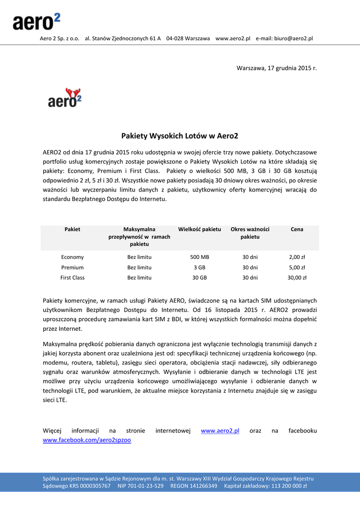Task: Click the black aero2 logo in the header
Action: tap(36, 22)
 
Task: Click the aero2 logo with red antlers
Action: tap(65, 98)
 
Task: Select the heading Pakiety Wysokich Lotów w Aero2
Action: tap(180, 135)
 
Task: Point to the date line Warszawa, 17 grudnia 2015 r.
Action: tap(277, 67)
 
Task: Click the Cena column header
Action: tap(297, 229)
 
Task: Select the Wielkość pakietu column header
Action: tap(200, 229)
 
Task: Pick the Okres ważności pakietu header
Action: tap(250, 233)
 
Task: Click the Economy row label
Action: tap(72, 257)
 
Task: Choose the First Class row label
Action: tap(72, 278)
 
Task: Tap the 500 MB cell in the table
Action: tap(200, 257)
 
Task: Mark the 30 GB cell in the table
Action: tap(200, 278)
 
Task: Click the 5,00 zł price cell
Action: tap(297, 267)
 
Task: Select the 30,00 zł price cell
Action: tap(297, 278)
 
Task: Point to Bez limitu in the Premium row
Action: tap(140, 267)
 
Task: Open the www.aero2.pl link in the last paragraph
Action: tap(220, 431)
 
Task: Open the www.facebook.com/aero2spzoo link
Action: tap(87, 440)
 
